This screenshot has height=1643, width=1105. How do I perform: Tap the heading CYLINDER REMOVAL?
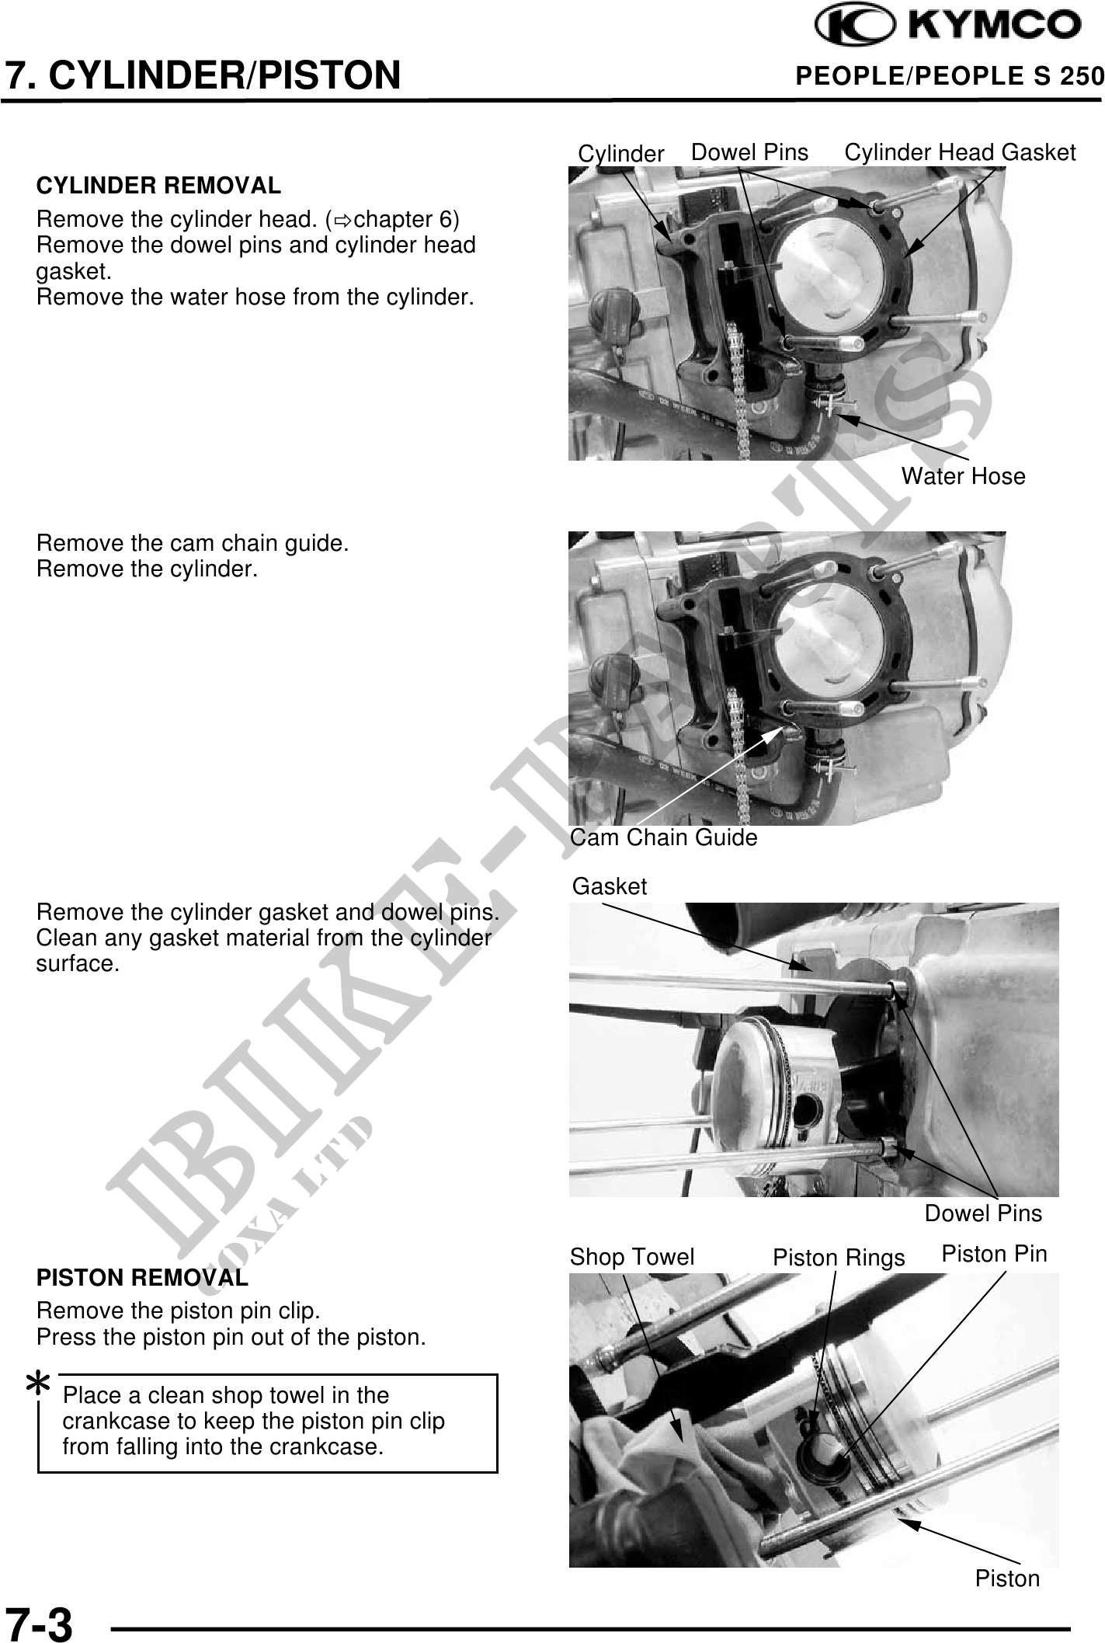coord(158,186)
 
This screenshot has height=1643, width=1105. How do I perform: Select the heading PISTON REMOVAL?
coord(142,1277)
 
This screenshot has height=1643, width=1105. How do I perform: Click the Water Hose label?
coord(963,476)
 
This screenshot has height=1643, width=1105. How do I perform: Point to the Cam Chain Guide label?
coord(664,837)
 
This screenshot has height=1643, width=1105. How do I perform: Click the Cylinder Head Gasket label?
coord(960,152)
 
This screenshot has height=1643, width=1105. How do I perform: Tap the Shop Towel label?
coord(632,1257)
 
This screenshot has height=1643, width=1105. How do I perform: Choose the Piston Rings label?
coord(839,1258)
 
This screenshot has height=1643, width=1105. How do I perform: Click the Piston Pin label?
coord(994,1253)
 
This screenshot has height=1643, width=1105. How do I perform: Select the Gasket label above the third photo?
coord(610,886)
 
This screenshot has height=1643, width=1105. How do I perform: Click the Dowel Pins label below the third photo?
coord(983,1213)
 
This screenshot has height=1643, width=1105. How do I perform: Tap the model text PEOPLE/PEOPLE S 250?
coord(950,75)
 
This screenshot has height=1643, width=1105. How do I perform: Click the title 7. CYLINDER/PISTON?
coord(203,75)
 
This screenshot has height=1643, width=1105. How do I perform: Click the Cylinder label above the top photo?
coord(621,154)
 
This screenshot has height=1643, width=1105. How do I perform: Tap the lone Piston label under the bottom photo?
coord(1007,1579)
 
